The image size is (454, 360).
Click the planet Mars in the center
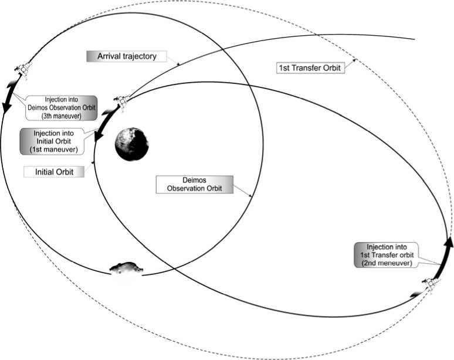click(131, 144)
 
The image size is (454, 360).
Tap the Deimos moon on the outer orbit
click(126, 269)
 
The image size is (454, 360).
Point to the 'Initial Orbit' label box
click(53, 172)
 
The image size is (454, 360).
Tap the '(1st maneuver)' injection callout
click(57, 141)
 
